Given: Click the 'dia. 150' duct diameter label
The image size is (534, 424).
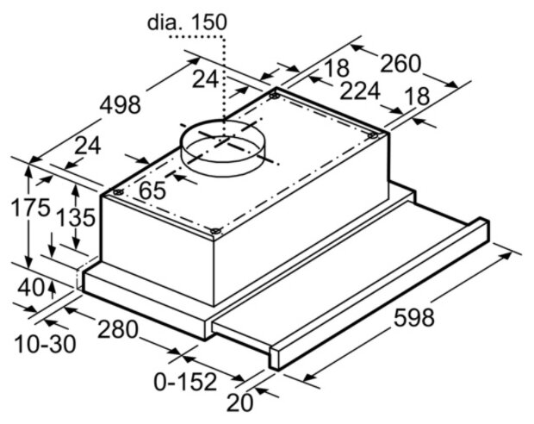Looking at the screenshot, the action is point(187,22).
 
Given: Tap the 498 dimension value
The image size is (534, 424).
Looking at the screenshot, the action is point(120,104).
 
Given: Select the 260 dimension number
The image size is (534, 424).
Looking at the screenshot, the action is point(400,64).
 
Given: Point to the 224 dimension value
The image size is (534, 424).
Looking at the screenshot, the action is point(360,90).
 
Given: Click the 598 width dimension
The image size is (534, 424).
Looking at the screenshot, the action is point(414,317).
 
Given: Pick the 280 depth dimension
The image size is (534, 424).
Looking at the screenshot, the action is point(118,330).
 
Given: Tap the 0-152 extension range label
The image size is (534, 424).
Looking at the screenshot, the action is point(185,382).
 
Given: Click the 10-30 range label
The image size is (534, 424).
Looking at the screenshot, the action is point(46,344).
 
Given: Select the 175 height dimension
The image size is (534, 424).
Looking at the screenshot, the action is point(30,208).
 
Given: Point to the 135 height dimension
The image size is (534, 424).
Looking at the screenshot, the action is point(75,218).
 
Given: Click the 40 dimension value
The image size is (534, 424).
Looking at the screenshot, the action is point(31,287).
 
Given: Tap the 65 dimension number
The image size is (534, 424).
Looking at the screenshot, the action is point(152,190).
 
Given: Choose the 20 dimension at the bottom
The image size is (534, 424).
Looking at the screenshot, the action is point(240,402).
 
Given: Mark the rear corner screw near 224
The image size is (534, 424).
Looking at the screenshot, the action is point(275,96).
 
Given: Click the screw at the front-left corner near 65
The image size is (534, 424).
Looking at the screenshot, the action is point(118,192).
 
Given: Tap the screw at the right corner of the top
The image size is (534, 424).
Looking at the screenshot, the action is point(373,135).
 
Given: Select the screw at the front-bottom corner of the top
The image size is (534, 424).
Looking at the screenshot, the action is point(215,231).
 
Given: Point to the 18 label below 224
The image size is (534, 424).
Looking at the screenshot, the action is point(418,97).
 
